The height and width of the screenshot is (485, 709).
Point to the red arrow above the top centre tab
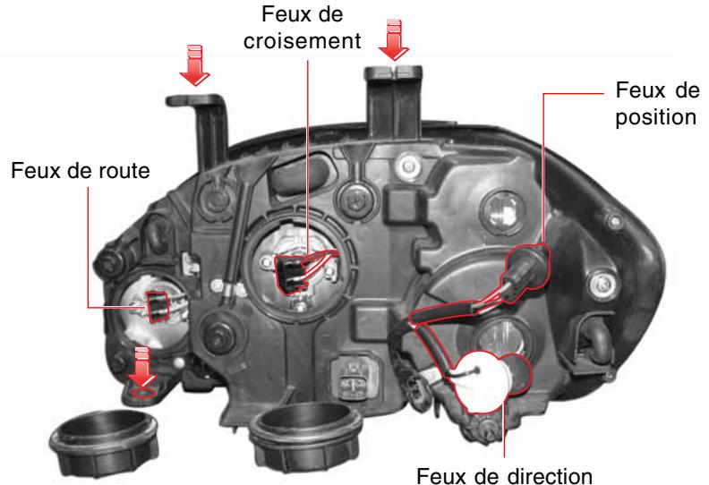tap(391, 36)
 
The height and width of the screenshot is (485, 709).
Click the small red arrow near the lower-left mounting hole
tap(140, 361)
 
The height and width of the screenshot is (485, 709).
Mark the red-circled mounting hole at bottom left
tap(141, 391)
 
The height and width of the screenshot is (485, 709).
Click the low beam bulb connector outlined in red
tap(290, 273)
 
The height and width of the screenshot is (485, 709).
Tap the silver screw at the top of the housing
tap(409, 165)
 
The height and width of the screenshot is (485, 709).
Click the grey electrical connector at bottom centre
tap(351, 379)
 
